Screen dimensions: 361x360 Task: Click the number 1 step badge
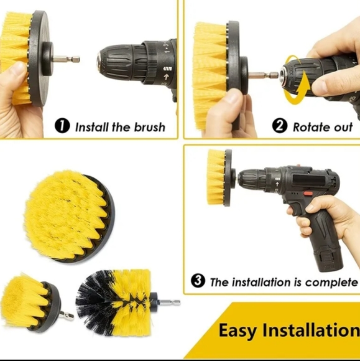pos(62,126)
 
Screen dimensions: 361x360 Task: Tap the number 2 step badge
pos(281,126)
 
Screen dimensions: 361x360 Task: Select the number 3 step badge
pos(198,281)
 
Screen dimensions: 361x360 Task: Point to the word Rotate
pos(312,127)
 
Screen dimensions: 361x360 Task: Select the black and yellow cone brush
pos(115,302)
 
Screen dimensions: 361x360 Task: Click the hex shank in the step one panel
pos(66,60)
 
